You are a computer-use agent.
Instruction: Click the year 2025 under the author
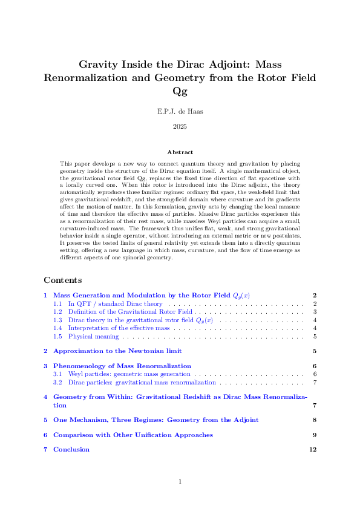coord(180,126)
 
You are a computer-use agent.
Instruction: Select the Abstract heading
coord(180,153)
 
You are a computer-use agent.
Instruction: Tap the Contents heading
coord(63,280)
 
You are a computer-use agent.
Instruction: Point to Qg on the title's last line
coord(180,91)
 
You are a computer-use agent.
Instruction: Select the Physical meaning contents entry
coord(93,336)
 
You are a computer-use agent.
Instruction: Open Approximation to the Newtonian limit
coord(117,351)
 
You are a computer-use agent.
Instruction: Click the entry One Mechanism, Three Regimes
coord(155,420)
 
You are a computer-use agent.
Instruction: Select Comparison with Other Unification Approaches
coord(133,435)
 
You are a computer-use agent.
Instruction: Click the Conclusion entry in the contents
coord(71,449)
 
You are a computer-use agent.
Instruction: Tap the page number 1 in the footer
coord(180,481)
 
